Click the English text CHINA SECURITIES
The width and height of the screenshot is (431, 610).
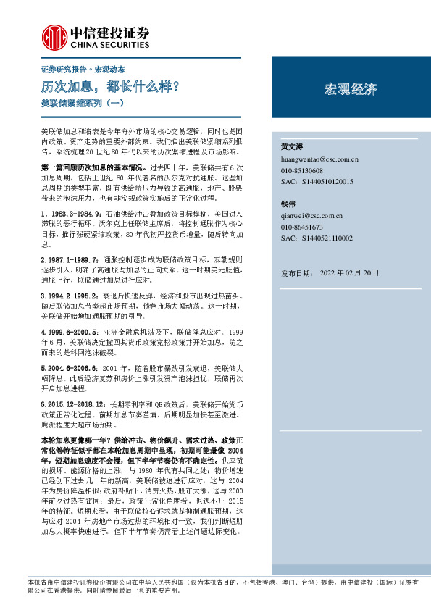click(x=110, y=43)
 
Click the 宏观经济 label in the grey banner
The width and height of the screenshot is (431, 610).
click(x=351, y=90)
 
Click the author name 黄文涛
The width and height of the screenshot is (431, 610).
click(x=291, y=146)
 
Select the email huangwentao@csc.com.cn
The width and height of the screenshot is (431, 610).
click(x=317, y=156)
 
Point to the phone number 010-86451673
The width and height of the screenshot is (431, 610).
click(x=304, y=227)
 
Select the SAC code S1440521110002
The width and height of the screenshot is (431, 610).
click(x=317, y=238)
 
